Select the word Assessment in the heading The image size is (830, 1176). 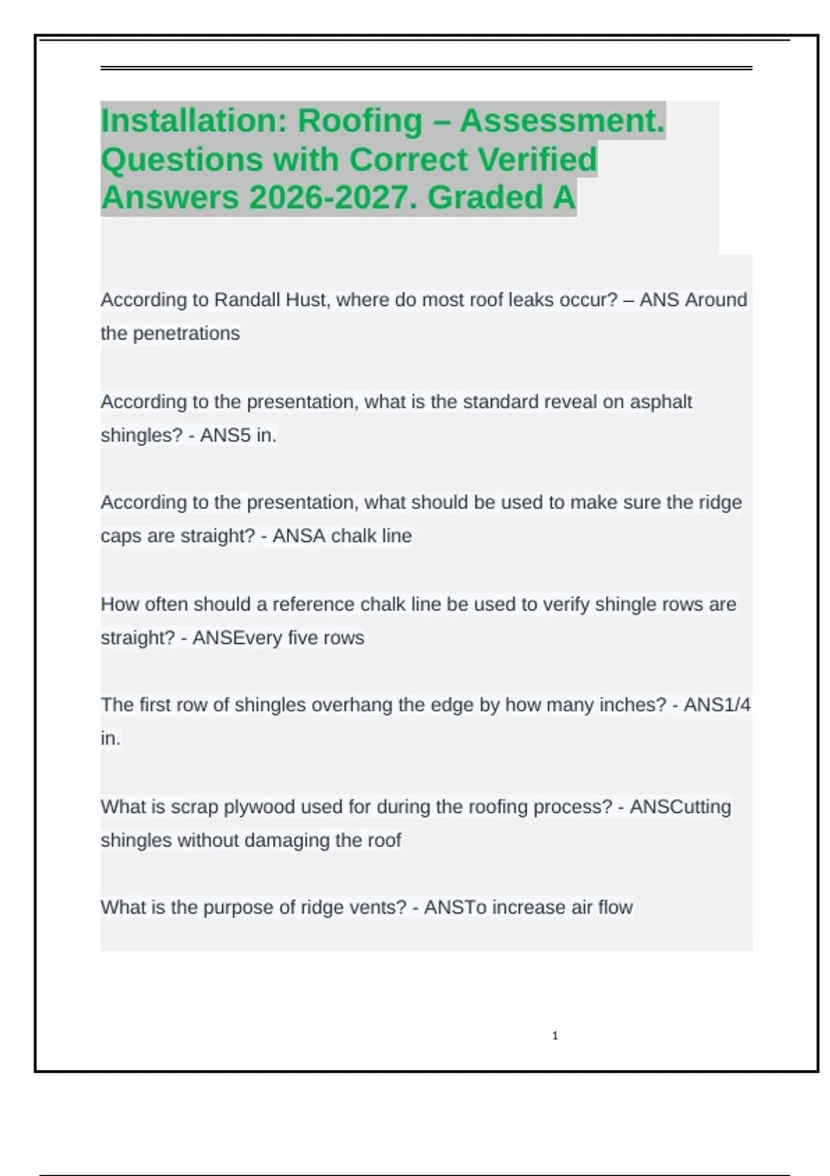pyautogui.click(x=561, y=121)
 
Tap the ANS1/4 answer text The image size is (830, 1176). pyautogui.click(x=717, y=705)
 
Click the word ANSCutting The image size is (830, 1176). pyautogui.click(x=680, y=807)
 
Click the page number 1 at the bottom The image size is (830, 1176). pyautogui.click(x=555, y=1036)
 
